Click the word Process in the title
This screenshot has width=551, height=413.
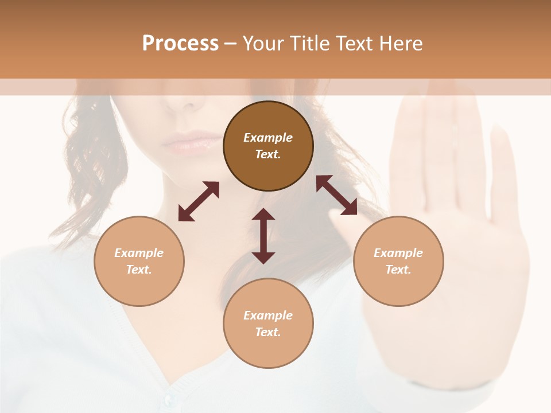click(x=180, y=44)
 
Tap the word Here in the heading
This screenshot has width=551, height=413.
click(x=401, y=44)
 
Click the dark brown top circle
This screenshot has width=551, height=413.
click(x=268, y=146)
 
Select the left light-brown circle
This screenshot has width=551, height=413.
click(x=139, y=261)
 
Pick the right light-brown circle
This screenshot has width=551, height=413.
click(x=398, y=261)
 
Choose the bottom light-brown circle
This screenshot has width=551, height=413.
click(x=268, y=323)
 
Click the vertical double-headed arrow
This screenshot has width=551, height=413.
click(x=263, y=236)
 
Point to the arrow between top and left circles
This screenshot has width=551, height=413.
click(x=199, y=201)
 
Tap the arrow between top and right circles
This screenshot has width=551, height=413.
click(x=337, y=195)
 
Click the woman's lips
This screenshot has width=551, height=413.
click(x=192, y=142)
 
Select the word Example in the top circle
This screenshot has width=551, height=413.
click(x=268, y=138)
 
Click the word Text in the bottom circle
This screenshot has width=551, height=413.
click(x=268, y=332)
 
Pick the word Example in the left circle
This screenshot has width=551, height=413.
click(x=139, y=253)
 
